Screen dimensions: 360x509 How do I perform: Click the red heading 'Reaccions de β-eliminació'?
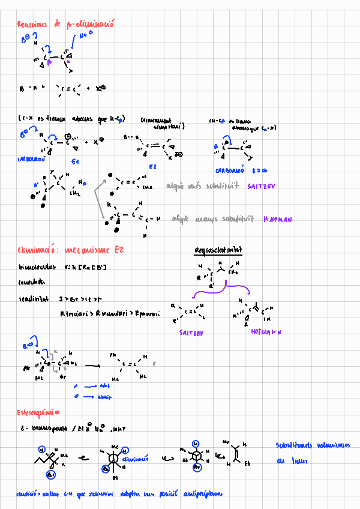pyautogui.click(x=65, y=24)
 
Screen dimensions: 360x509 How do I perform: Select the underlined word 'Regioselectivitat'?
pyautogui.click(x=214, y=250)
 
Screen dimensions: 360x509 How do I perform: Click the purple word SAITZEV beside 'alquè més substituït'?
pyautogui.click(x=260, y=187)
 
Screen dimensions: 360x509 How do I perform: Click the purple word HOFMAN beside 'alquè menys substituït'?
pyautogui.click(x=277, y=220)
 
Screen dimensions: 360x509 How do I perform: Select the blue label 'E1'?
pyautogui.click(x=75, y=163)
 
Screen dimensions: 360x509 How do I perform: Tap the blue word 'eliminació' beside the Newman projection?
pyautogui.click(x=135, y=459)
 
